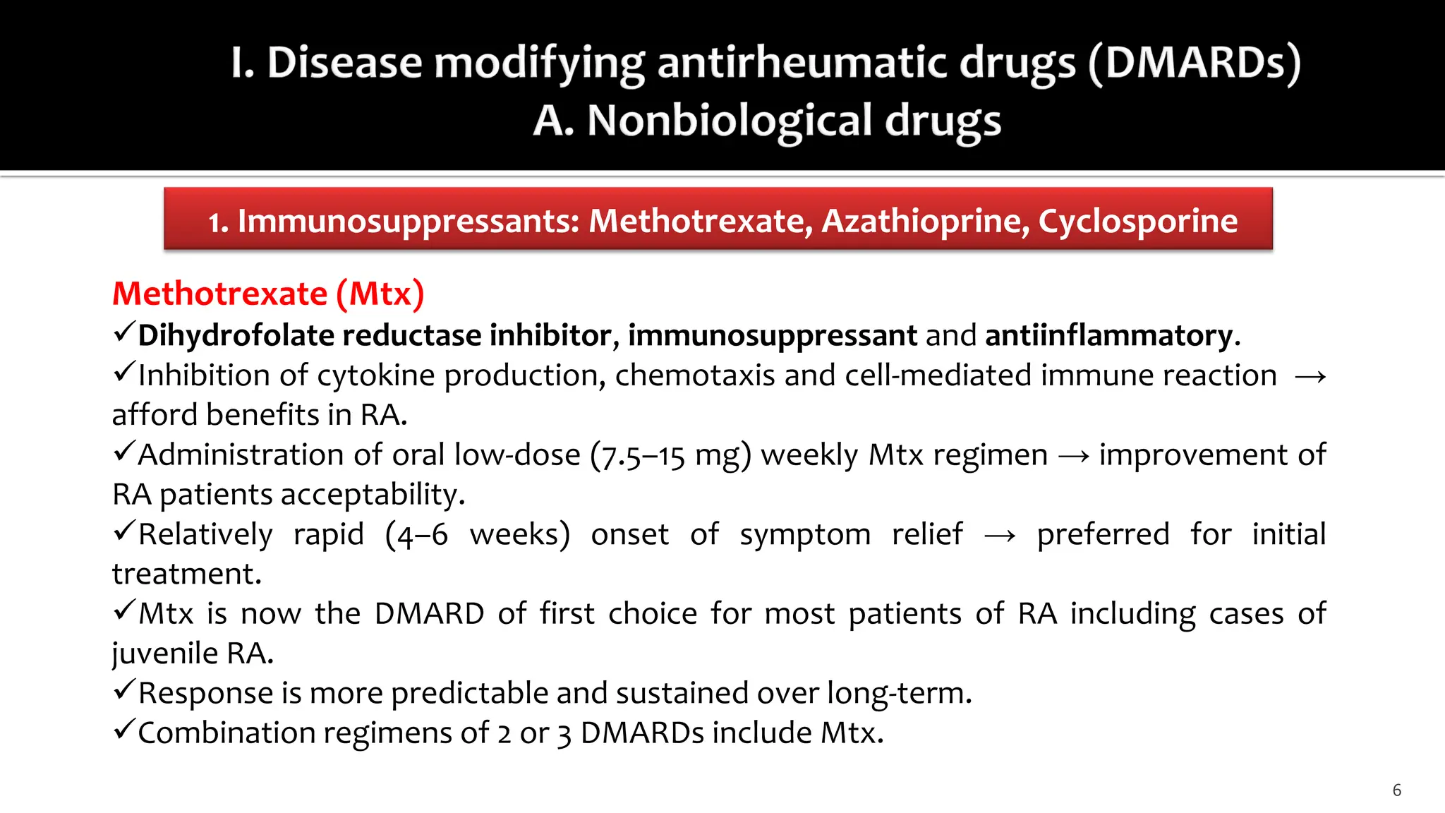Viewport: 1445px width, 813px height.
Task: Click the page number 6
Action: tap(1396, 790)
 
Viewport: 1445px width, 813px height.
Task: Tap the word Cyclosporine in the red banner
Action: tap(1137, 221)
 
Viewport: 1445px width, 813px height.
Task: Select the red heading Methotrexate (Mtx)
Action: tap(268, 294)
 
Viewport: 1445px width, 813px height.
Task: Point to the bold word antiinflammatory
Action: tap(1108, 335)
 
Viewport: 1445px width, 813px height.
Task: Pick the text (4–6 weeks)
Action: tap(478, 535)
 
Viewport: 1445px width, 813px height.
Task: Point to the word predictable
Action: tap(469, 694)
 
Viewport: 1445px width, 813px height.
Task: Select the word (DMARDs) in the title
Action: tap(1195, 63)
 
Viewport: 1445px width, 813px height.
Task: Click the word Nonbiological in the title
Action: tap(730, 121)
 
